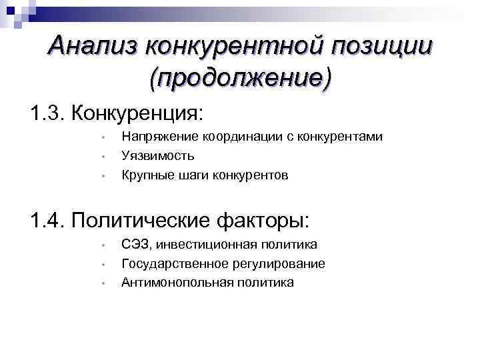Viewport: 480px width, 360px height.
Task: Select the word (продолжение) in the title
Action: pyautogui.click(x=240, y=78)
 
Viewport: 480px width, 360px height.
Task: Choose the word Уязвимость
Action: pyautogui.click(x=158, y=156)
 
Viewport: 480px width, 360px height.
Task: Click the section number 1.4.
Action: pyautogui.click(x=47, y=219)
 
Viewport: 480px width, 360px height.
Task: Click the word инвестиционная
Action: pyautogui.click(x=199, y=244)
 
